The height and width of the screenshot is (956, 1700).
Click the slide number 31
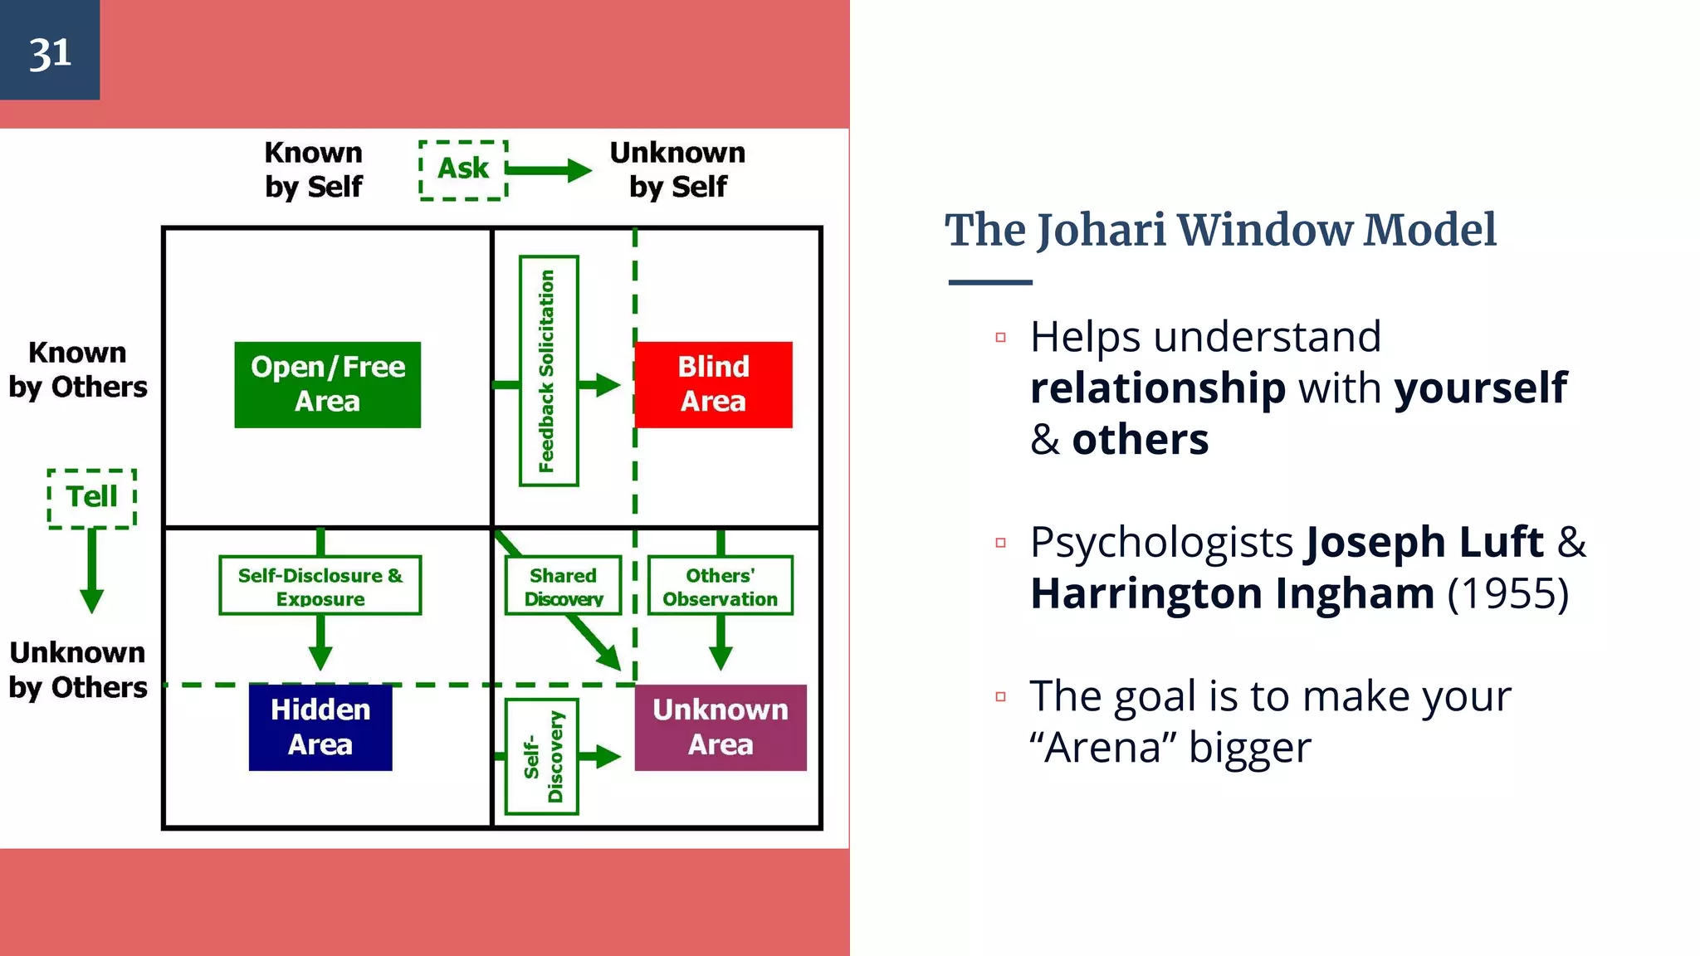click(50, 53)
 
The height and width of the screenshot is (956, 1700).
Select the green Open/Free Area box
click(327, 384)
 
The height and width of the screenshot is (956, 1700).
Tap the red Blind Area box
click(713, 384)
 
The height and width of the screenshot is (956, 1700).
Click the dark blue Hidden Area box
click(320, 727)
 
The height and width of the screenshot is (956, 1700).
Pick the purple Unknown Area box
click(720, 727)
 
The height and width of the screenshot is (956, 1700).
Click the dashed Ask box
click(463, 169)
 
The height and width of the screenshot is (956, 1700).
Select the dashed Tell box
click(91, 498)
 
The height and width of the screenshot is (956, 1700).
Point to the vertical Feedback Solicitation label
click(548, 370)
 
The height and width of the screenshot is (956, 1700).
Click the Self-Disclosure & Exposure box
click(320, 586)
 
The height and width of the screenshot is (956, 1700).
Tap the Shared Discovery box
click(563, 586)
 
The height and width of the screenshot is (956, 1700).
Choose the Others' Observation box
click(720, 586)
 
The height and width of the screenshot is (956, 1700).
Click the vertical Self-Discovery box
click(541, 756)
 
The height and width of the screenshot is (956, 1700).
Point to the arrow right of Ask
click(550, 170)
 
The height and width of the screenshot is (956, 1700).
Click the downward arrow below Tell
click(91, 573)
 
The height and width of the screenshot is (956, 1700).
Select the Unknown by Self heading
click(677, 169)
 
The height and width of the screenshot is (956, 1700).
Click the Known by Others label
click(77, 369)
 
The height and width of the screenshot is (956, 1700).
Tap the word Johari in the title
click(1102, 230)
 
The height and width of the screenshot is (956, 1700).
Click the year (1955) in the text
click(1507, 593)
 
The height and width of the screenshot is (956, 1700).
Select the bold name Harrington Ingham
click(1232, 593)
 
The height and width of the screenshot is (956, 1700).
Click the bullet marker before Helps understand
click(1000, 338)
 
